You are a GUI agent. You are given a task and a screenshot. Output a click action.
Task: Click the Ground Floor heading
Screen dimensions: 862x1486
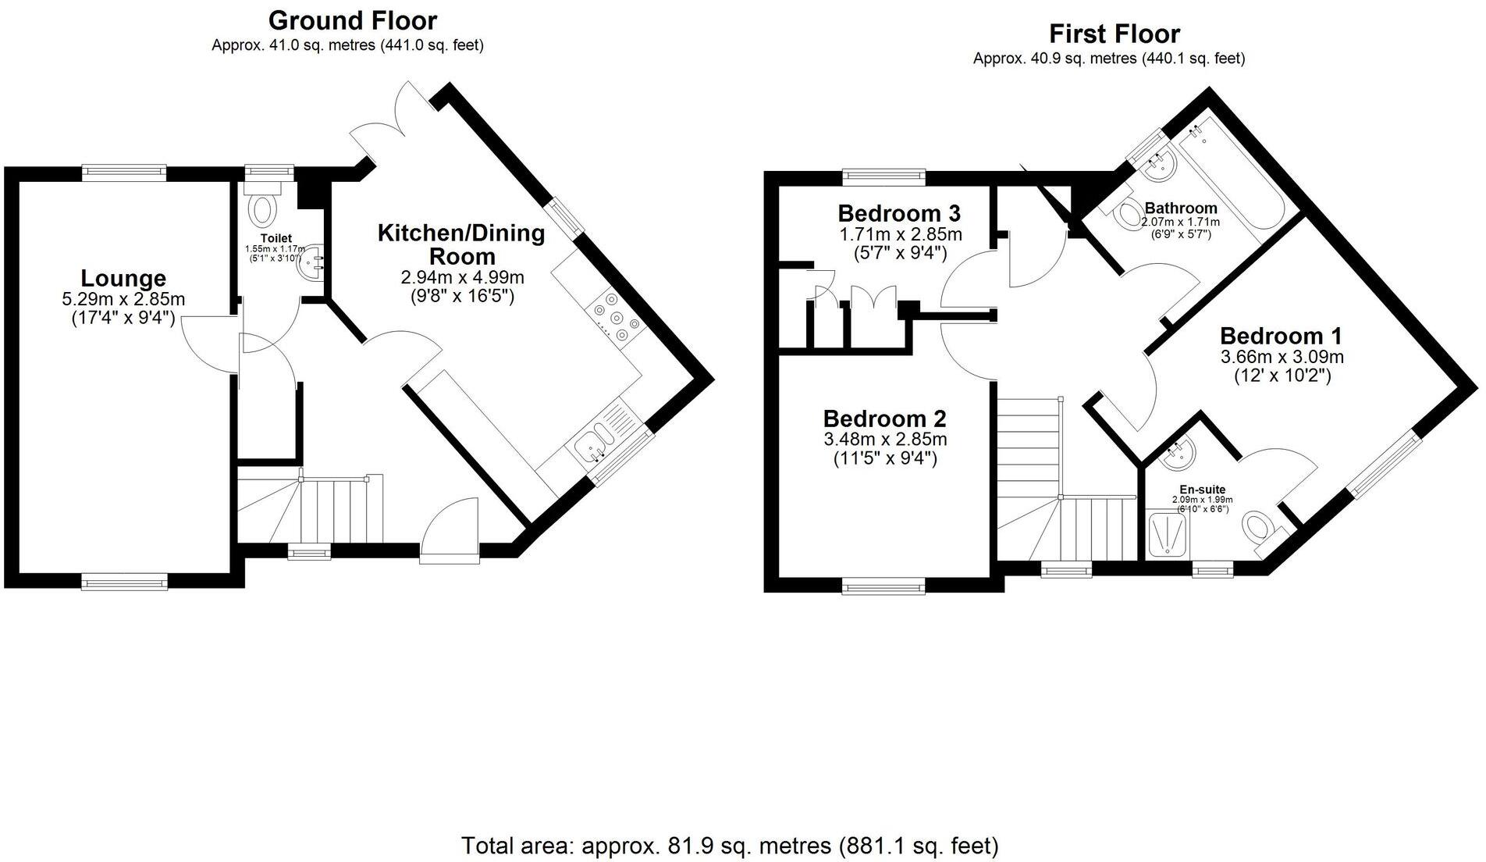353,20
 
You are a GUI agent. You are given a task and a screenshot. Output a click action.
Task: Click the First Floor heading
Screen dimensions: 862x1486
1114,34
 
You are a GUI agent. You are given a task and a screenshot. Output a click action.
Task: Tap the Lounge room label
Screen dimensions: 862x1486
123,279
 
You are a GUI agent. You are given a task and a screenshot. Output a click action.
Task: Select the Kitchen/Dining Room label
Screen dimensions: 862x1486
461,244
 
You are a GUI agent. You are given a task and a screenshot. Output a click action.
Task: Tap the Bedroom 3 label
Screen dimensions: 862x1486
899,213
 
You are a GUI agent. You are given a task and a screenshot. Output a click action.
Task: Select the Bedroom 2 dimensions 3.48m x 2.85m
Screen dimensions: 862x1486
885,440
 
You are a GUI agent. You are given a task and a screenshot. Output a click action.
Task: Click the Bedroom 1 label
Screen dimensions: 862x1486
1281,337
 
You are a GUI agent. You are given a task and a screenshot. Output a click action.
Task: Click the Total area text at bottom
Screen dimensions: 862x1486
730,846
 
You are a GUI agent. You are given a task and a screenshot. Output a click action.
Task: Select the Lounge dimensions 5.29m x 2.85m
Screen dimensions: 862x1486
123,299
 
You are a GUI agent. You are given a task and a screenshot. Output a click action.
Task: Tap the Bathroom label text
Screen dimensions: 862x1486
1180,208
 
